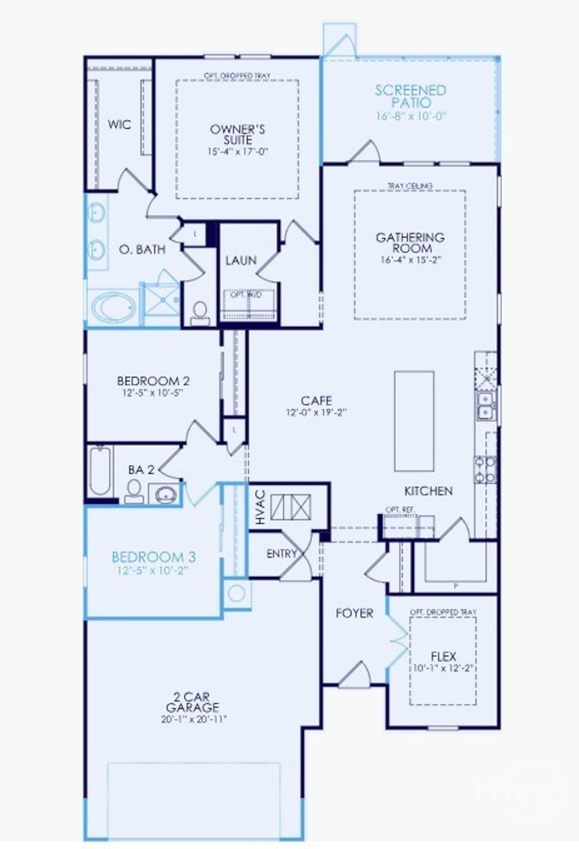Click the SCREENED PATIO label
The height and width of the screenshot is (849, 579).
pyautogui.click(x=411, y=96)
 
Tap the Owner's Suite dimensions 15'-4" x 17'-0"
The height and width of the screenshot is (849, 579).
pyautogui.click(x=237, y=151)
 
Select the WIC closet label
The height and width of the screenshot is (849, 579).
pyautogui.click(x=119, y=124)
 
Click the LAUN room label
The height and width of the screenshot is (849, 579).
pyautogui.click(x=241, y=261)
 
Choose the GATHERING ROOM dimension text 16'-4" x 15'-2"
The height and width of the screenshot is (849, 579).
pyautogui.click(x=410, y=260)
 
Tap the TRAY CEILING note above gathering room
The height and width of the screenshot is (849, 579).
pyautogui.click(x=410, y=185)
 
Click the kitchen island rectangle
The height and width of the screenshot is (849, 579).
pyautogui.click(x=414, y=421)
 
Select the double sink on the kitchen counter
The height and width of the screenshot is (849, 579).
pyautogui.click(x=485, y=405)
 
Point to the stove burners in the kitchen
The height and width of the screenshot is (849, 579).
pyautogui.click(x=485, y=470)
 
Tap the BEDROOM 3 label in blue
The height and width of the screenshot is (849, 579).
pyautogui.click(x=153, y=557)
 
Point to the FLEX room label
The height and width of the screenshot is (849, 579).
pyautogui.click(x=443, y=656)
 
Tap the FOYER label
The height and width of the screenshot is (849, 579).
pyautogui.click(x=355, y=613)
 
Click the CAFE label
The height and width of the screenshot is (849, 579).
pyautogui.click(x=316, y=401)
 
